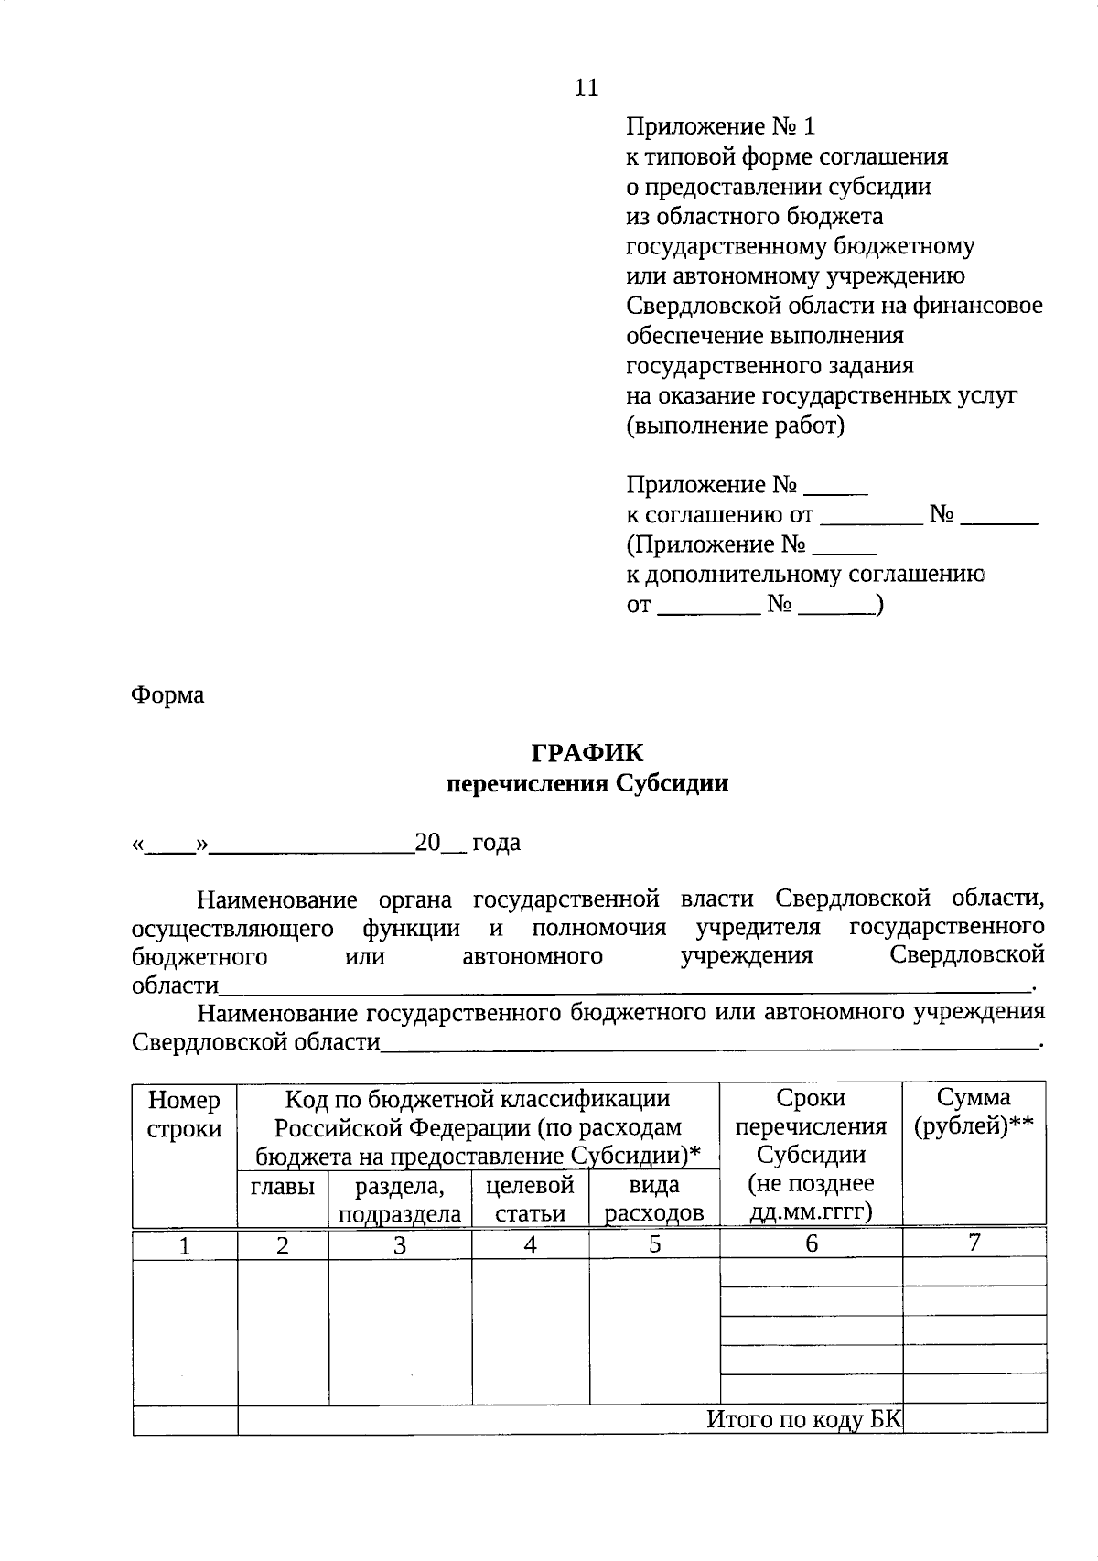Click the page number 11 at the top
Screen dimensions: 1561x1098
pos(586,88)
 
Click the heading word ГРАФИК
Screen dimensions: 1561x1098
pos(587,753)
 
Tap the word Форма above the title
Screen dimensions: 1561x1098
pos(167,695)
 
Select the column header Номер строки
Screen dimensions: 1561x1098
pos(184,1114)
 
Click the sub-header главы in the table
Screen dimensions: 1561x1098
pos(282,1187)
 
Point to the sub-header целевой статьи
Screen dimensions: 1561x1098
pos(530,1199)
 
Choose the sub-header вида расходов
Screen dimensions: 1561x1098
pos(654,1199)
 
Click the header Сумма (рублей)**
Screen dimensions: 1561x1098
pos(974,1112)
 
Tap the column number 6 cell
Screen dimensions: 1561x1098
pos(811,1244)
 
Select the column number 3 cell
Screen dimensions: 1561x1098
pos(399,1245)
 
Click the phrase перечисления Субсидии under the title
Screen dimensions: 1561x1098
pos(587,783)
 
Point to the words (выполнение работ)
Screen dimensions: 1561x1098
pos(735,425)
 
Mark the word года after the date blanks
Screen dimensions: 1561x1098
pos(496,843)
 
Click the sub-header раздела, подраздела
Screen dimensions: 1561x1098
pos(399,1200)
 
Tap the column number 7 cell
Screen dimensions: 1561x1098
pos(974,1243)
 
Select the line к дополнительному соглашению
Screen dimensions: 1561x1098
pos(804,575)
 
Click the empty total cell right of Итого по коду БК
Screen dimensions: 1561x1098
pos(974,1419)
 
